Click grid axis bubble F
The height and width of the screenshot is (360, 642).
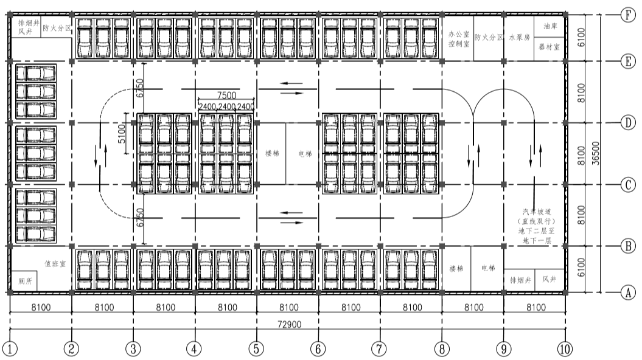628,15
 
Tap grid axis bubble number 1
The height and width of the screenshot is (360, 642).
10,348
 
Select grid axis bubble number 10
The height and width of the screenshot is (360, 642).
565,348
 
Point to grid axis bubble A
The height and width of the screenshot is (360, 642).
628,292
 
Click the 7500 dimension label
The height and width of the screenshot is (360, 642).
226,95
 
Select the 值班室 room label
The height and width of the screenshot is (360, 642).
55,264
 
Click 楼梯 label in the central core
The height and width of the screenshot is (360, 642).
271,153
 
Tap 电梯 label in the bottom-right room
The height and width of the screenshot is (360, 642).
488,268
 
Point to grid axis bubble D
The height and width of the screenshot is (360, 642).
628,122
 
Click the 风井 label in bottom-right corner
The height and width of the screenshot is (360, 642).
550,280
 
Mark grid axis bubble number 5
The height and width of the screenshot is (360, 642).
257,348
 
